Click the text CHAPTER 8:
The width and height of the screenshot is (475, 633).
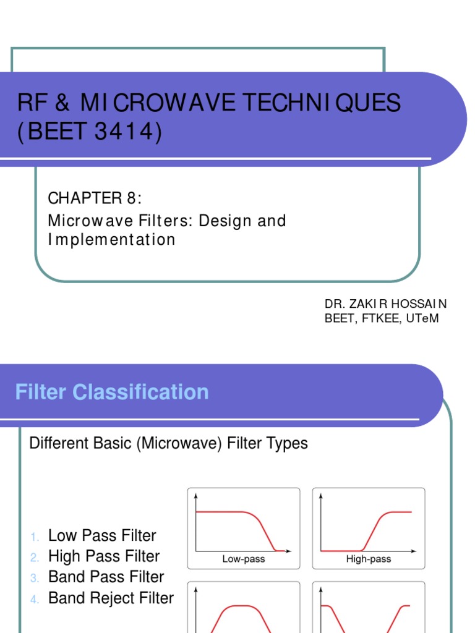pos(95,198)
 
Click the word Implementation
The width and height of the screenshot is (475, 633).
pos(111,239)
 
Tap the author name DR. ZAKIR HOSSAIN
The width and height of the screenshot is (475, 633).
pos(386,304)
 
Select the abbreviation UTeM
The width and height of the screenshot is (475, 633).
pos(423,318)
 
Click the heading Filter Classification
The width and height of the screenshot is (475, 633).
pos(112,392)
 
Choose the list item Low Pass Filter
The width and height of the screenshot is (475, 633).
pos(102,536)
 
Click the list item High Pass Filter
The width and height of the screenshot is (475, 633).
pos(104,556)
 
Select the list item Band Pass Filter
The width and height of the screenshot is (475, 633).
pos(106,577)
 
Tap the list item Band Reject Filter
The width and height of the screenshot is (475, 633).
pos(111,598)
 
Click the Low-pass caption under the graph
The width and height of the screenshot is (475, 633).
pos(244,559)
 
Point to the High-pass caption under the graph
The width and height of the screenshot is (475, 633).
pos(369,559)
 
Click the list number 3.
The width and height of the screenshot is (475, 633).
pos(35,578)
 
